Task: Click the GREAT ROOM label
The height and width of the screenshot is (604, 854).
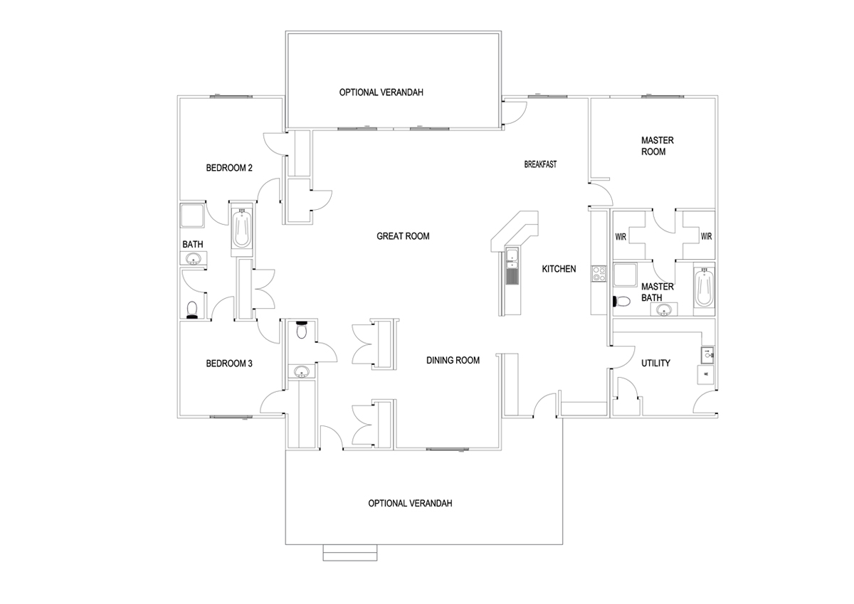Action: (x=403, y=236)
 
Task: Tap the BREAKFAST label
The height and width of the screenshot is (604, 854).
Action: (x=540, y=164)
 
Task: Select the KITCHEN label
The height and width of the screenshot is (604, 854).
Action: (x=559, y=269)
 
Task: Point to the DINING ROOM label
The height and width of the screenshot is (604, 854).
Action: (x=453, y=360)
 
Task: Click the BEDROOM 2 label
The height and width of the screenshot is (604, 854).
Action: (x=229, y=168)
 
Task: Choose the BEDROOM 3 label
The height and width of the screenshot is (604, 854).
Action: (x=229, y=364)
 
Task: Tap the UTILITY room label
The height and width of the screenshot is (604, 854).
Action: (x=655, y=363)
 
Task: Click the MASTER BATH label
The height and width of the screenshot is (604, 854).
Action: (x=658, y=292)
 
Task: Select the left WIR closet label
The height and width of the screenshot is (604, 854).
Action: (x=621, y=237)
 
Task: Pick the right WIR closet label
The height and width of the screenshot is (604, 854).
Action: (x=706, y=237)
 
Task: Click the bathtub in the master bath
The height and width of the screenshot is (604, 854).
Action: (x=704, y=287)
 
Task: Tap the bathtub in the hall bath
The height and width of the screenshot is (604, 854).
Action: (x=242, y=228)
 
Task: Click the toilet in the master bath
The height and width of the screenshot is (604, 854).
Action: (x=621, y=302)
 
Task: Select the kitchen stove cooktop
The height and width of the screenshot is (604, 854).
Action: (x=599, y=274)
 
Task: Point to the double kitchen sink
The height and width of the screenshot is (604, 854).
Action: (x=511, y=258)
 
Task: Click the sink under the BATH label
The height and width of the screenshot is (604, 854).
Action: (x=194, y=259)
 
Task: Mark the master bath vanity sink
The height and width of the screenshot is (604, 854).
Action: (x=664, y=311)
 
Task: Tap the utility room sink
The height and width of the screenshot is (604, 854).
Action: (x=707, y=355)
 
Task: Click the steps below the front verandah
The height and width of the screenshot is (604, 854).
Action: (x=350, y=553)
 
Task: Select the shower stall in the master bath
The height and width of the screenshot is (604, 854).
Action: (x=625, y=275)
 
